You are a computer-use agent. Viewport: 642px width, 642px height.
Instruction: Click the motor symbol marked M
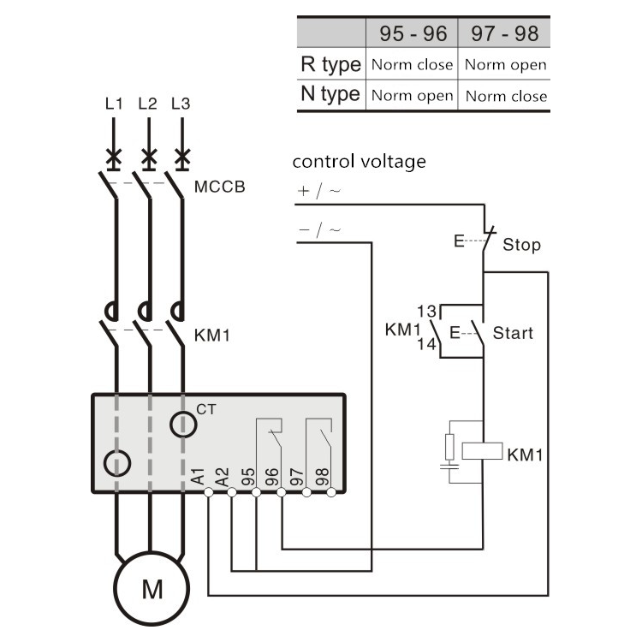pyautogui.click(x=151, y=589)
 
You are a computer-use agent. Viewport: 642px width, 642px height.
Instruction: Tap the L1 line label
pyautogui.click(x=114, y=104)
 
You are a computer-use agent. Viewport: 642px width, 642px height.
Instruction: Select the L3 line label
pyautogui.click(x=181, y=104)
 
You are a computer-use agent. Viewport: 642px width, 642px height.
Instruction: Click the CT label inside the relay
pyautogui.click(x=206, y=409)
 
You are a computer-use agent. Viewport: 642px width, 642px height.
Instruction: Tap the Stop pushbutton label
pyautogui.click(x=521, y=245)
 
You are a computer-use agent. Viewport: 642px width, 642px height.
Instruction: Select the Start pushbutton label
pyautogui.click(x=514, y=332)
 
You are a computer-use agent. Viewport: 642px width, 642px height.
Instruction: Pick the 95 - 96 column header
pyautogui.click(x=413, y=33)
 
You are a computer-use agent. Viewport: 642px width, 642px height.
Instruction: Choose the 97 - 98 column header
pyautogui.click(x=504, y=33)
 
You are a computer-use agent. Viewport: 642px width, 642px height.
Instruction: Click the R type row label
pyautogui.click(x=330, y=64)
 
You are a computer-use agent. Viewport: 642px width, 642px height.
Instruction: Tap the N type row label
pyautogui.click(x=330, y=94)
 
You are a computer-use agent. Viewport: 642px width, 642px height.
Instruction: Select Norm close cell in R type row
pyautogui.click(x=412, y=65)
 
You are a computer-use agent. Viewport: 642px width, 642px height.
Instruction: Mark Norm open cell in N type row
pyautogui.click(x=412, y=96)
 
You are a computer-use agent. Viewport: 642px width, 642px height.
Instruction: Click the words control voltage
pyautogui.click(x=359, y=161)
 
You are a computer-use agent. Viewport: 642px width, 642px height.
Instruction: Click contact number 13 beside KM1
pyautogui.click(x=427, y=312)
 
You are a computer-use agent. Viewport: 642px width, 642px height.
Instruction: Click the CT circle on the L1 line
pyautogui.click(x=117, y=463)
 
